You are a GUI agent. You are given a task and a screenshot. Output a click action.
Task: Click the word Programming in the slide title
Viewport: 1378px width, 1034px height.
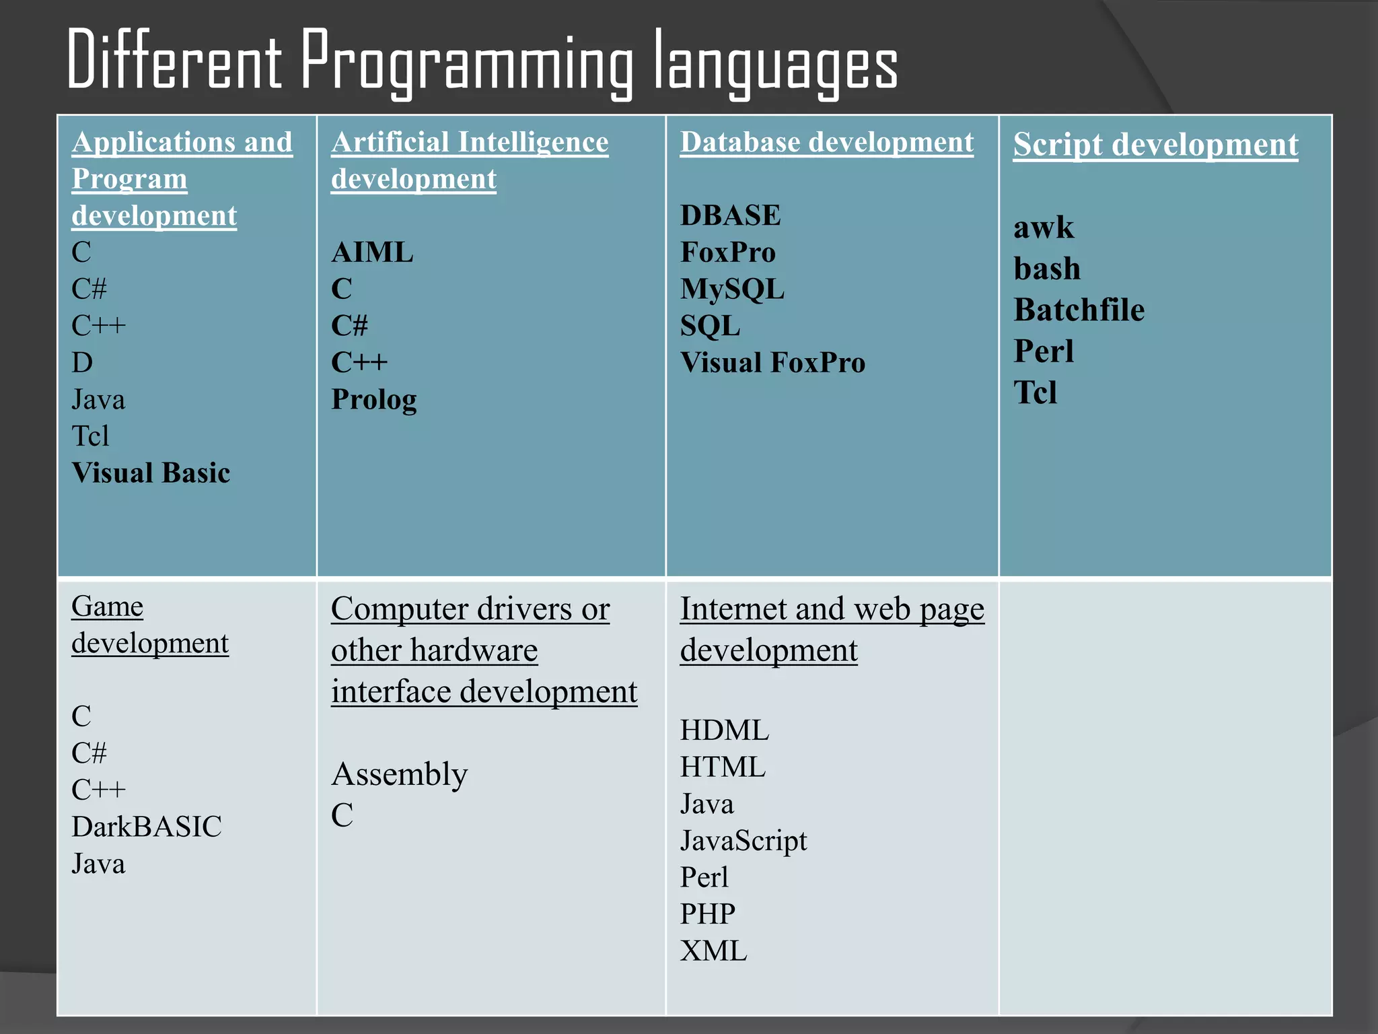click(x=466, y=62)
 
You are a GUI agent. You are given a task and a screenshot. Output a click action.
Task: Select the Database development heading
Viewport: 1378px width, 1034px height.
click(x=826, y=143)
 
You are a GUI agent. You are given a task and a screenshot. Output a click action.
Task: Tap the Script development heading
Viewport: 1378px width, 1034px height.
click(x=1155, y=145)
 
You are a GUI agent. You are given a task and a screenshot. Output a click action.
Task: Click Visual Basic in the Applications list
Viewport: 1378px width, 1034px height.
click(x=151, y=473)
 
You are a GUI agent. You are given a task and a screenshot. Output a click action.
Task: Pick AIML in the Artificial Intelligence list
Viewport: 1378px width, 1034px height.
click(x=372, y=252)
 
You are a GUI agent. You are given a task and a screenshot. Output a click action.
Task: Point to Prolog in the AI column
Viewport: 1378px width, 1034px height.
click(x=374, y=400)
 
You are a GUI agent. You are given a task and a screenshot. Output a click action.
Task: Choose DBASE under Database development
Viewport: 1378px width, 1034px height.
click(x=730, y=215)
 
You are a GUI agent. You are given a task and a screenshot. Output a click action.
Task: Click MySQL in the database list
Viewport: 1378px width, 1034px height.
click(x=732, y=289)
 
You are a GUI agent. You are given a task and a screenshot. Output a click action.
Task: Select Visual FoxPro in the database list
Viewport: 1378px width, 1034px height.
click(x=772, y=363)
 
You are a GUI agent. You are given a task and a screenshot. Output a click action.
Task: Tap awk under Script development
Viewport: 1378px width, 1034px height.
click(x=1044, y=228)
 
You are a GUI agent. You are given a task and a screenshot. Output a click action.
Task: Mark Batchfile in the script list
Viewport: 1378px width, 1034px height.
click(x=1079, y=310)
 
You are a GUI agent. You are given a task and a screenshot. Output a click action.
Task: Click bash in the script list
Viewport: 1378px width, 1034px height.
click(x=1047, y=269)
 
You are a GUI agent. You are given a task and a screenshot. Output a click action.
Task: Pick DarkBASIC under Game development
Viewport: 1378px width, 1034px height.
click(x=147, y=827)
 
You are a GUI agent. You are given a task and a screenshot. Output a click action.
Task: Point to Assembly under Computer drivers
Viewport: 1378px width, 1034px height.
click(x=399, y=774)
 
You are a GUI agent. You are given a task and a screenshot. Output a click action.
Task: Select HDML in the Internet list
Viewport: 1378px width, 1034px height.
click(x=724, y=730)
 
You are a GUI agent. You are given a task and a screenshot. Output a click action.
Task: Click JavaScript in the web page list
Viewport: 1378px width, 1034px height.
click(x=743, y=841)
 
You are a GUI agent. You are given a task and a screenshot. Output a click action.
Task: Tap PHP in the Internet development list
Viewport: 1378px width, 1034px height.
click(x=707, y=914)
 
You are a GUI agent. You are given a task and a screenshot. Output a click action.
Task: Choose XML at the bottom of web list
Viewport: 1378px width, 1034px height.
click(x=713, y=951)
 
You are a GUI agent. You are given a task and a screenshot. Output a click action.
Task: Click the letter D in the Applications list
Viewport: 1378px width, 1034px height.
click(x=82, y=363)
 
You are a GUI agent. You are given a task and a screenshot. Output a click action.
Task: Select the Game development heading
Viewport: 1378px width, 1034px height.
click(x=149, y=625)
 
